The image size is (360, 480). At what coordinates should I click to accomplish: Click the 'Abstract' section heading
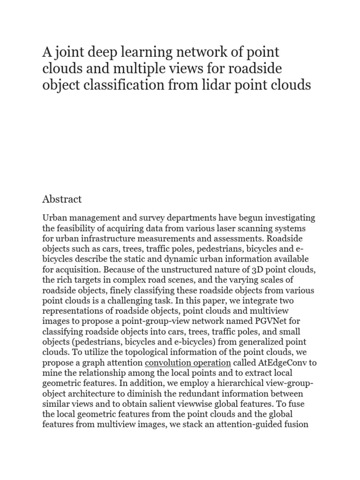(x=62, y=199)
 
